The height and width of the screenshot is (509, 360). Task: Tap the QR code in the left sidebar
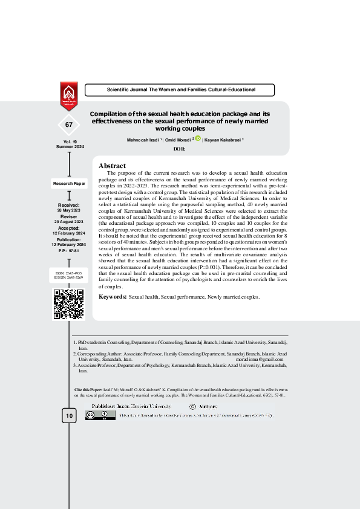(x=68, y=304)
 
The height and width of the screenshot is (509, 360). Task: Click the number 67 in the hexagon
(x=69, y=125)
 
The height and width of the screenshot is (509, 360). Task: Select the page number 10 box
(x=69, y=416)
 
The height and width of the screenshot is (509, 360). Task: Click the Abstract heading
(x=112, y=166)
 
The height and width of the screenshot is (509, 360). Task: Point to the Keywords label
(x=112, y=297)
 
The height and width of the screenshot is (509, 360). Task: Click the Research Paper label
(x=69, y=183)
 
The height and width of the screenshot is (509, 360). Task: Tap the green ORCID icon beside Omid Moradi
(x=197, y=139)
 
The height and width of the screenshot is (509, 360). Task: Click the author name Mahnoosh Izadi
(x=142, y=140)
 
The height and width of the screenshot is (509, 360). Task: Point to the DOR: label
(x=180, y=149)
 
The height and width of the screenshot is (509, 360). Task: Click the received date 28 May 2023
(x=69, y=210)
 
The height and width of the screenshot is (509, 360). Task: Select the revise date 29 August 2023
(x=69, y=222)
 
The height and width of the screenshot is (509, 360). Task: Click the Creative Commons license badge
(x=100, y=415)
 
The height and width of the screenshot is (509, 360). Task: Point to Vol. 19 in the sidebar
(x=69, y=141)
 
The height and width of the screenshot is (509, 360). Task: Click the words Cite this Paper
(x=87, y=391)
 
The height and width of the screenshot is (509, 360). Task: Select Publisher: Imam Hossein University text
(x=131, y=407)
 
